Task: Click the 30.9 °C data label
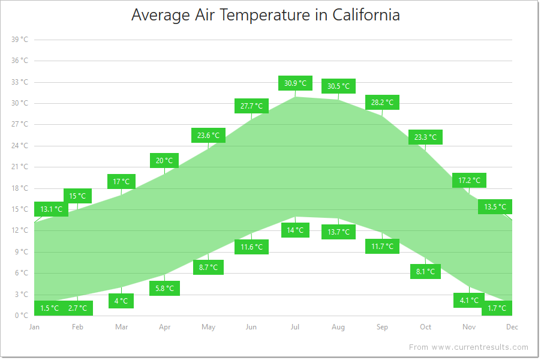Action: (x=295, y=83)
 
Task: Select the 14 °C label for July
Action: (x=295, y=230)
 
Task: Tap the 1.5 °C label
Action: (x=50, y=308)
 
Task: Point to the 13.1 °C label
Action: (x=51, y=209)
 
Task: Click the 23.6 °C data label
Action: (x=208, y=136)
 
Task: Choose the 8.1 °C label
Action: (x=425, y=272)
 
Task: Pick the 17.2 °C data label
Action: (x=469, y=180)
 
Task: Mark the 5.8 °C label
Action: (x=164, y=289)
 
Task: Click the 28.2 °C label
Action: (x=382, y=103)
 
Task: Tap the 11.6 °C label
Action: (x=251, y=247)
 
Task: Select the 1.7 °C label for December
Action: (x=497, y=308)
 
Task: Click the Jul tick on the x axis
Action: (x=295, y=327)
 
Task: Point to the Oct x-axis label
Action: (x=425, y=327)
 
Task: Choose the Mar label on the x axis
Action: (x=121, y=327)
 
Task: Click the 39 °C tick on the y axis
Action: (x=20, y=40)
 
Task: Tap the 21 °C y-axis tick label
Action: (x=20, y=167)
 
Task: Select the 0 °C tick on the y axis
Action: (x=22, y=316)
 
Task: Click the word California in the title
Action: (x=365, y=15)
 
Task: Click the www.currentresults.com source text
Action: (x=480, y=347)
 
